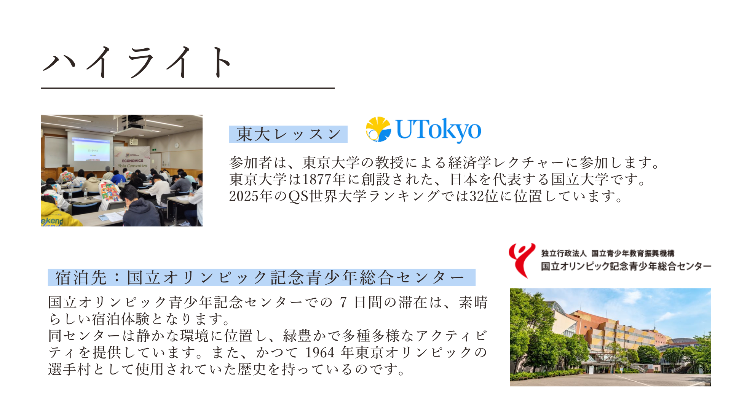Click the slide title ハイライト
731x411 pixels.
pyautogui.click(x=137, y=62)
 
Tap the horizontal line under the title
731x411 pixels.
pyautogui.click(x=188, y=88)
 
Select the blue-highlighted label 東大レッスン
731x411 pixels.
pyautogui.click(x=288, y=134)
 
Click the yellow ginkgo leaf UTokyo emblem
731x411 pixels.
pyautogui.click(x=378, y=129)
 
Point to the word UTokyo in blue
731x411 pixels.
pyautogui.click(x=439, y=130)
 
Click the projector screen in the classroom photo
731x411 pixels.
pyautogui.click(x=91, y=150)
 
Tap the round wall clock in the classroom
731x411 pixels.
pyautogui.click(x=177, y=145)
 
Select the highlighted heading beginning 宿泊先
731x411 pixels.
pyautogui.click(x=262, y=277)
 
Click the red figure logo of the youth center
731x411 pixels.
pyautogui.click(x=522, y=260)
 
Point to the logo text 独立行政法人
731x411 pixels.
pyautogui.click(x=564, y=253)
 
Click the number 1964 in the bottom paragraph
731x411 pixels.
pyautogui.click(x=320, y=353)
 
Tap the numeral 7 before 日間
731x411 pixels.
pyautogui.click(x=343, y=303)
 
